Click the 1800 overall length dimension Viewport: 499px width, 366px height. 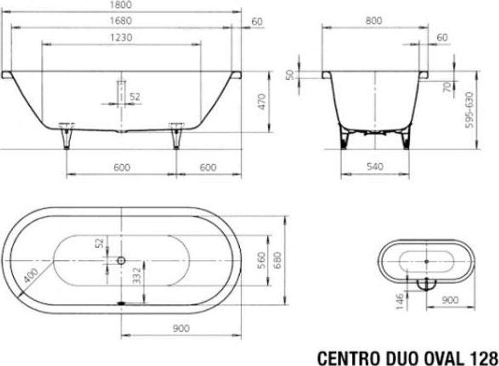(x=121, y=5)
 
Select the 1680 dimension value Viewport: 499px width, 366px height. (x=121, y=21)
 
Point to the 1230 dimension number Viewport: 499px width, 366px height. (x=121, y=38)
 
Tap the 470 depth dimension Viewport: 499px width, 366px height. (x=262, y=102)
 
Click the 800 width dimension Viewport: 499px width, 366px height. (x=374, y=21)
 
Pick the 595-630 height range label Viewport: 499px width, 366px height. (x=469, y=110)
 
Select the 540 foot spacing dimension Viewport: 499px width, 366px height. (x=375, y=166)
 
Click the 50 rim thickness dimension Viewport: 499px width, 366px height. (x=290, y=75)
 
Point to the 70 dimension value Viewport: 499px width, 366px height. (x=448, y=87)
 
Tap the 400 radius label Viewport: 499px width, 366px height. (x=31, y=275)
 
